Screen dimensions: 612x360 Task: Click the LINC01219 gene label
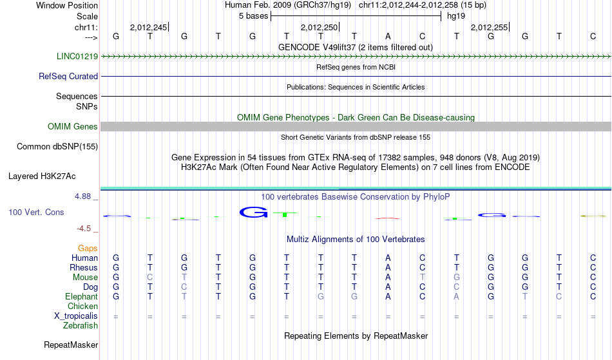(x=77, y=56)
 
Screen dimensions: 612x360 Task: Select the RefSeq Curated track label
(x=68, y=76)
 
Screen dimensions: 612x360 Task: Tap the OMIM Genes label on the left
(x=73, y=126)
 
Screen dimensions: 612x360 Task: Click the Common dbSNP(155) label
(x=57, y=147)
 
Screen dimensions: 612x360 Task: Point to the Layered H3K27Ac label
(x=42, y=176)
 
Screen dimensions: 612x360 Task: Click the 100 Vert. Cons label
(x=36, y=212)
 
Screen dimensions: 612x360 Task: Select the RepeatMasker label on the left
(x=71, y=345)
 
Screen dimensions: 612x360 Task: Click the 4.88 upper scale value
(x=82, y=196)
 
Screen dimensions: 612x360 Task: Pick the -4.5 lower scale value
(x=84, y=229)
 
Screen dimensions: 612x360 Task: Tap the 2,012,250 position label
(x=319, y=27)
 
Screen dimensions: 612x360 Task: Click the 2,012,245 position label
(x=148, y=27)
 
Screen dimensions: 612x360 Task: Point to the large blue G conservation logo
(x=253, y=212)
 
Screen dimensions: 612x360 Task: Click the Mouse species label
(x=85, y=278)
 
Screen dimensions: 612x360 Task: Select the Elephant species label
(x=82, y=297)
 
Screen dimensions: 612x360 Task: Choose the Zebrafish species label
(x=81, y=326)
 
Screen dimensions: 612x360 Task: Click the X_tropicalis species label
(x=76, y=316)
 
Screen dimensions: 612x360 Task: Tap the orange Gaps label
(x=88, y=249)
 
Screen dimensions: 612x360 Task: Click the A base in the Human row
(x=388, y=258)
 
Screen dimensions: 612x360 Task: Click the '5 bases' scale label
(x=254, y=16)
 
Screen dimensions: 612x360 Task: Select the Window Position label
(x=67, y=5)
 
